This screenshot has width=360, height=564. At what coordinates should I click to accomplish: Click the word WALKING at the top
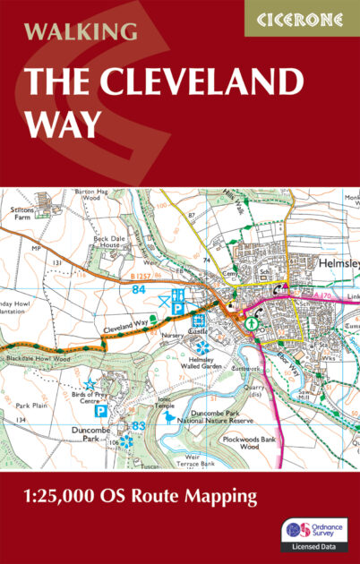(x=81, y=32)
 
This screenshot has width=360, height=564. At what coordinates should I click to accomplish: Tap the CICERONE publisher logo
(x=301, y=18)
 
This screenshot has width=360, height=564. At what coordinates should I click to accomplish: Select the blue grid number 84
(x=139, y=289)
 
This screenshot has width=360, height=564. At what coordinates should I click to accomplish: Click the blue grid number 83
(x=139, y=426)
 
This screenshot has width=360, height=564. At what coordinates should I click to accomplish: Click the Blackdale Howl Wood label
(x=39, y=358)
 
